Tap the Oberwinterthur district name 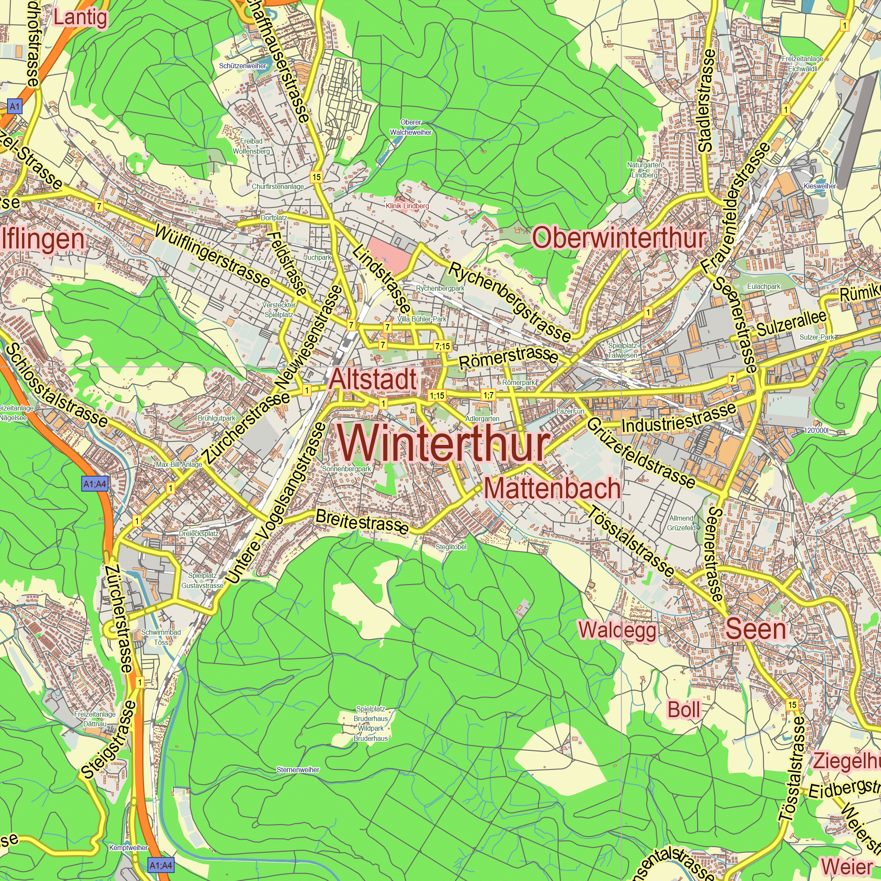tap(619, 238)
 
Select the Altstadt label tap(373, 379)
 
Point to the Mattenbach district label tap(552, 489)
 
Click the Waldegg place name tap(618, 631)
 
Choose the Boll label tap(684, 710)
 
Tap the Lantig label tap(81, 18)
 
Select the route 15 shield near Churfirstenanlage tap(316, 177)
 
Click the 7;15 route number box tap(442, 346)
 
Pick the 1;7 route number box tap(489, 395)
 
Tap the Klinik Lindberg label tap(407, 206)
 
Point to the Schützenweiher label tap(243, 66)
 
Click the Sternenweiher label tap(298, 770)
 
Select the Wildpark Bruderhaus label tap(371, 733)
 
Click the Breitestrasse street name tap(362, 521)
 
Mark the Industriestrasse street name tap(678, 418)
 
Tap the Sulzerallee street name tap(792, 323)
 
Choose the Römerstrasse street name tap(508, 358)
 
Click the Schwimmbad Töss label tap(161, 637)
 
